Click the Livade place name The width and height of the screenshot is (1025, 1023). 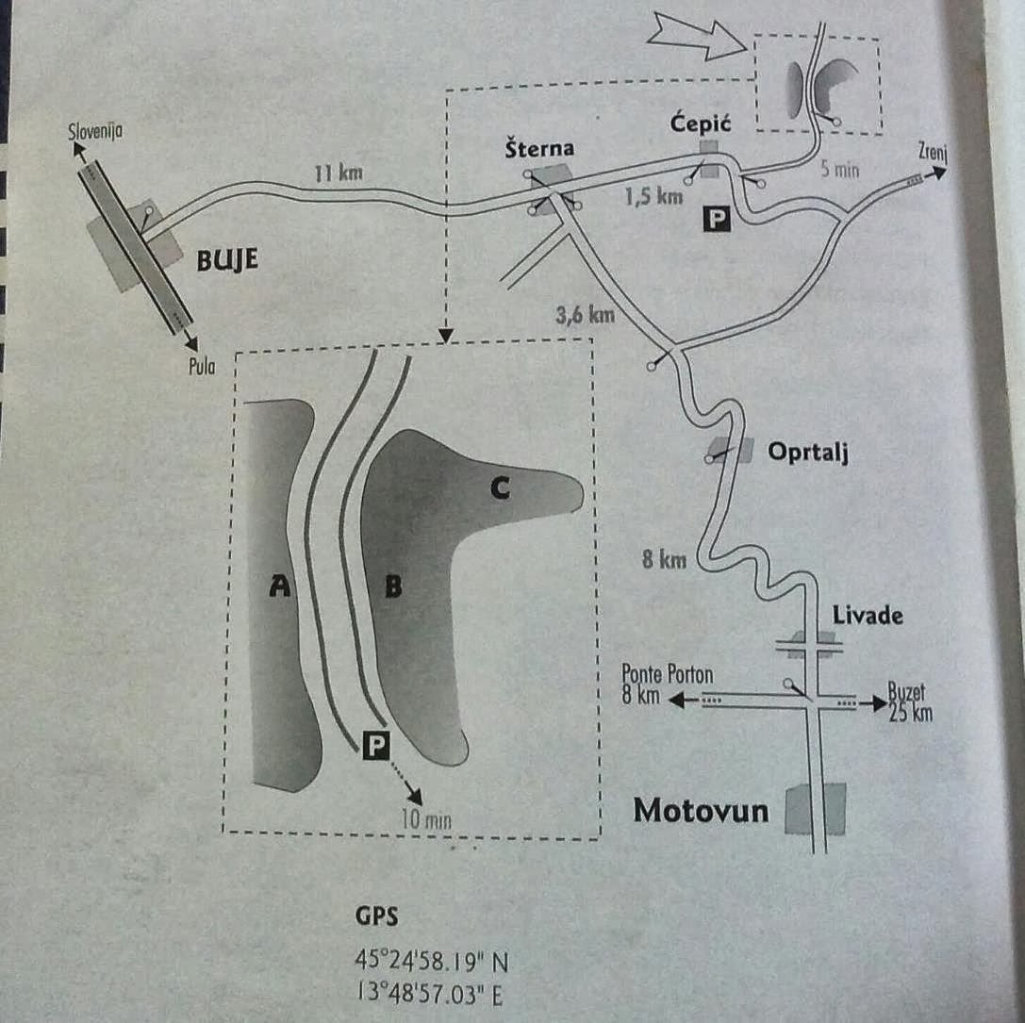868,616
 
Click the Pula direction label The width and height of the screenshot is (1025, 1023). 203,367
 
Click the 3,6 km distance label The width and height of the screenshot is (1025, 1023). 586,314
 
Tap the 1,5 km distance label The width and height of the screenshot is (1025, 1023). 653,197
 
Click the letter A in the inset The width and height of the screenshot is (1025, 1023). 278,586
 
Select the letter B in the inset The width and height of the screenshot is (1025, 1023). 394,586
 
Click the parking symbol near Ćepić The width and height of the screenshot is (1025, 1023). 718,220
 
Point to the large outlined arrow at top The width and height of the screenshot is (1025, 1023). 699,38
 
